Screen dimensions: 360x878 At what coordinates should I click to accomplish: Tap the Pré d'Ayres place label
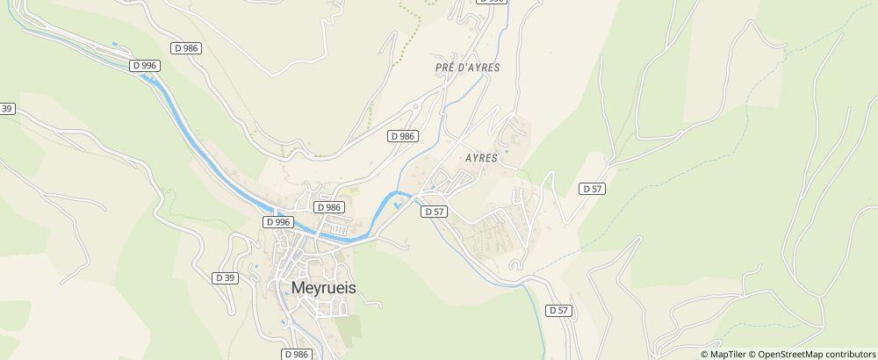coord(461,68)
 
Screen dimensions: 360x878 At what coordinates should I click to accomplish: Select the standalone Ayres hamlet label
coord(479,159)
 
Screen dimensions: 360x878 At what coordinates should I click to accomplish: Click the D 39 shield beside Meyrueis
coord(225,277)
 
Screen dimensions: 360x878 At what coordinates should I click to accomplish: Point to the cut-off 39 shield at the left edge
coord(7,108)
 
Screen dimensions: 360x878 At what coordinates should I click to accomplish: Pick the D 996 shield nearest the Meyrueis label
coord(277,222)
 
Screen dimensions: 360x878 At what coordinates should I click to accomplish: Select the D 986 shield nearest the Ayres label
coord(401,136)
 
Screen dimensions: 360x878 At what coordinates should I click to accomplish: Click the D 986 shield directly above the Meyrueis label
coord(328,207)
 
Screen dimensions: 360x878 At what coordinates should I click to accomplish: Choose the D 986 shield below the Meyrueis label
coord(297,353)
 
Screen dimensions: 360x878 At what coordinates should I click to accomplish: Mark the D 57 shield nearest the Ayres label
coord(435,212)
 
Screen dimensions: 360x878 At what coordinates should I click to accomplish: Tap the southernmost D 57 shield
coord(559,310)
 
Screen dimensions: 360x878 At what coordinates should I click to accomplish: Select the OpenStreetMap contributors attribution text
coord(817,354)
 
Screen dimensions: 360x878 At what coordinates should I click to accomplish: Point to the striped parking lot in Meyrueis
coord(331,308)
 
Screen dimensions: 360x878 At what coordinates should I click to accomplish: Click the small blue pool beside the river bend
coord(399,206)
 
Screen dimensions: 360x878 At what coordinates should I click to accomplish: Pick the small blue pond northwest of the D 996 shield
coord(114,44)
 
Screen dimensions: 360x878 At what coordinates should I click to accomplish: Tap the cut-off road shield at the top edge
coord(493,2)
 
